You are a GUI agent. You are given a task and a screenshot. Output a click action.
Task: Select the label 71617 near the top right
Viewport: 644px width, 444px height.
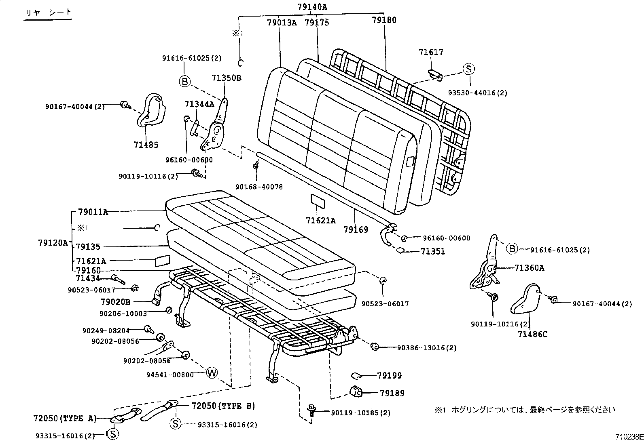(431, 52)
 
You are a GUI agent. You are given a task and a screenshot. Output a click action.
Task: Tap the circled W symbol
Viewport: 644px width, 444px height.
(212, 372)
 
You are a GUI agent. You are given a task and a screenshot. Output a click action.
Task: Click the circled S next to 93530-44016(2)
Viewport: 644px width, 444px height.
(468, 69)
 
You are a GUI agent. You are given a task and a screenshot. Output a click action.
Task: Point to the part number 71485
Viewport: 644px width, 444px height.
(146, 145)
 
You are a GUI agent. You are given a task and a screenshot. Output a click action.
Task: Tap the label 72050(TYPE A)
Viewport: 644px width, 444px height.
(65, 418)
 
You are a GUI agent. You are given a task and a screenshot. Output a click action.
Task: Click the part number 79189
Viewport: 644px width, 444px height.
(392, 393)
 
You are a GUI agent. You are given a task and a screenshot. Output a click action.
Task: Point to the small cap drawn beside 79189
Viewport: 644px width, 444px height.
(356, 391)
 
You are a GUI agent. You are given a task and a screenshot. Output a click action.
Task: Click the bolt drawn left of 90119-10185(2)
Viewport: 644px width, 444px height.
(312, 410)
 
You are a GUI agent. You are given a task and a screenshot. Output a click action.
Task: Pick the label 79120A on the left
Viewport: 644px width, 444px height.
(53, 242)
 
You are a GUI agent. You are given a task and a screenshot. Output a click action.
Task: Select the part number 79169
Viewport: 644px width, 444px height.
(356, 229)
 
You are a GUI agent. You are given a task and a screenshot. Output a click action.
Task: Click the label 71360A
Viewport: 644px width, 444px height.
(530, 267)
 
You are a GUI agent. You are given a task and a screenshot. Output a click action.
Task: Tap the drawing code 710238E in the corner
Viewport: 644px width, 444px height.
(629, 437)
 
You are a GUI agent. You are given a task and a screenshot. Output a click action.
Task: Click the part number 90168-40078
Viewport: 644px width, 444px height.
(259, 187)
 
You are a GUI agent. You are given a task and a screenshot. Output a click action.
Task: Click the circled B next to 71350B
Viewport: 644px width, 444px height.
(184, 82)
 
